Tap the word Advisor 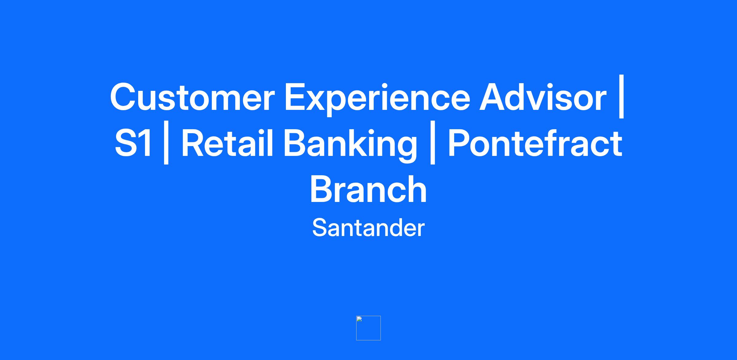pyautogui.click(x=543, y=97)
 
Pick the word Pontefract pyautogui.click(x=535, y=143)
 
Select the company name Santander pyautogui.click(x=368, y=228)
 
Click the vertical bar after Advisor pyautogui.click(x=622, y=96)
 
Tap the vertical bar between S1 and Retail pyautogui.click(x=166, y=143)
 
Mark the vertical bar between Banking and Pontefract pyautogui.click(x=433, y=143)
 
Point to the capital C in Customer pyautogui.click(x=123, y=97)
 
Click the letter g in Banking pyautogui.click(x=407, y=149)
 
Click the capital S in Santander pyautogui.click(x=320, y=228)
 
